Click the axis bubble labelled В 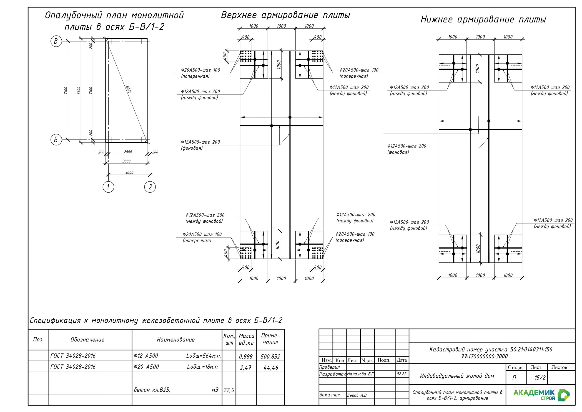(x=56, y=41)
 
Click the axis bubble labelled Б (x=56, y=140)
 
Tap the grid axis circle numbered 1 (x=108, y=187)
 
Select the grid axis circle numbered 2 (x=150, y=187)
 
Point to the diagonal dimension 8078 (x=128, y=90)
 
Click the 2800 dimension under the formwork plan (x=128, y=152)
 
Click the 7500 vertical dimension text (x=79, y=90)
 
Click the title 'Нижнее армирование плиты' (x=483, y=20)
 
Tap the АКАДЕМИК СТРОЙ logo (x=541, y=395)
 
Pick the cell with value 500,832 (x=270, y=356)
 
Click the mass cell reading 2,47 (x=246, y=367)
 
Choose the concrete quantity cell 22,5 (x=229, y=390)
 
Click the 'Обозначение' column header (x=87, y=340)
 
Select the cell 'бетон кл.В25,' (x=152, y=390)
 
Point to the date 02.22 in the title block (x=401, y=374)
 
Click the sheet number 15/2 (x=540, y=377)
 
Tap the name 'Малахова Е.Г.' (x=360, y=374)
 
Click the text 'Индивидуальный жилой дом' (x=457, y=376)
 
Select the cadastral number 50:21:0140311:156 (x=531, y=349)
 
